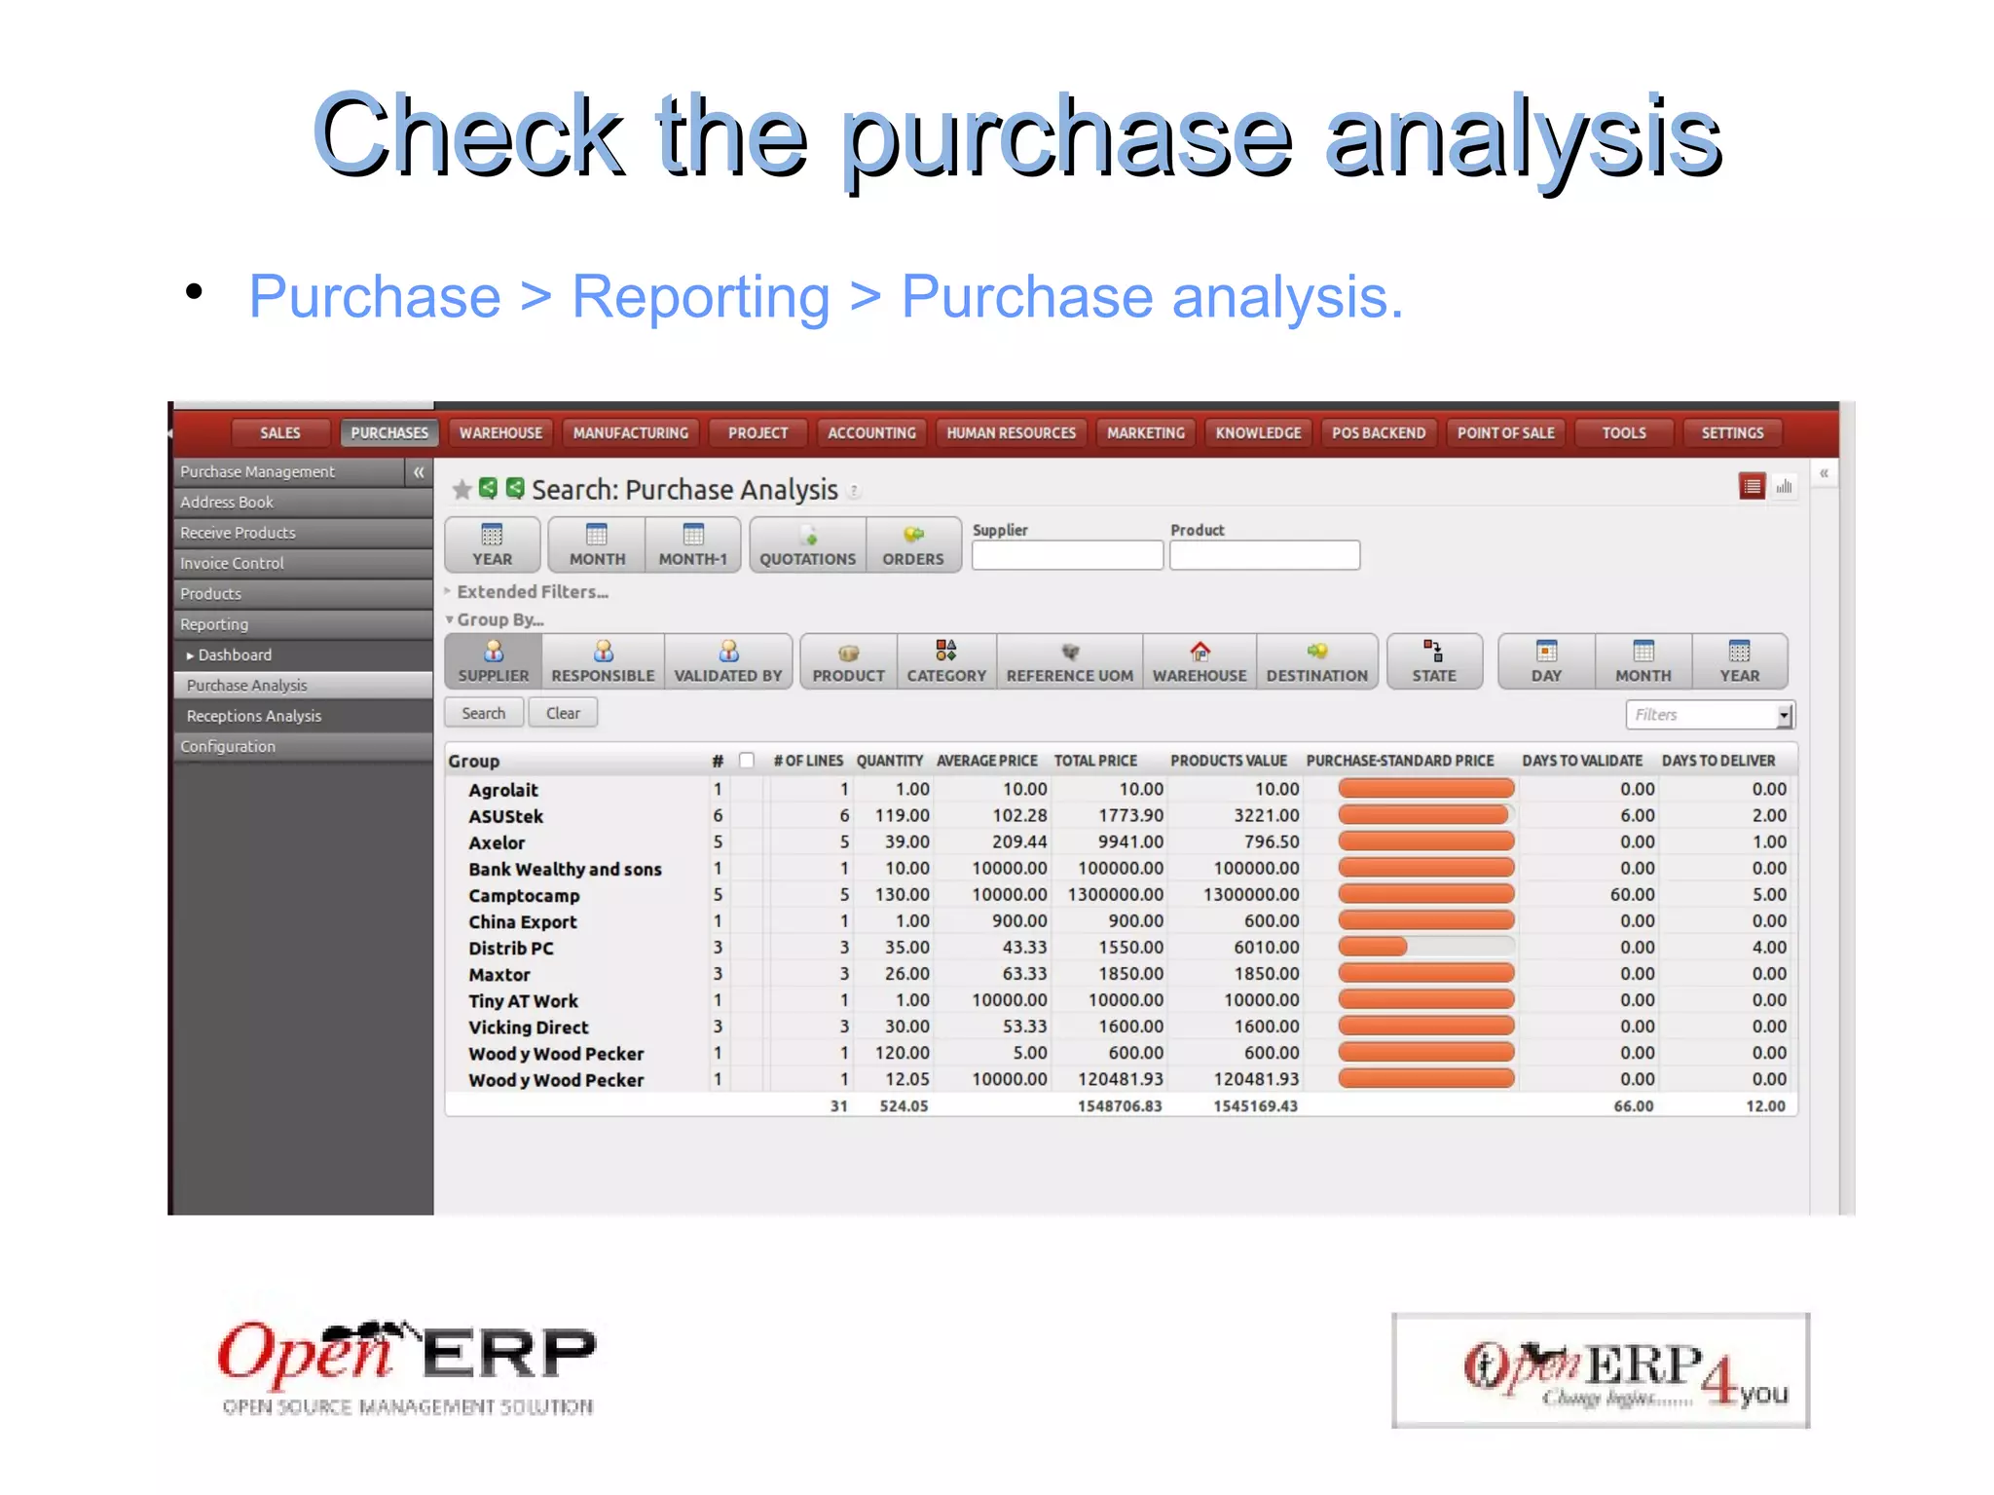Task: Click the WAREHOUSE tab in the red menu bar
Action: (500, 432)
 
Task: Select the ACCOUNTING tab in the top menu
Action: (871, 432)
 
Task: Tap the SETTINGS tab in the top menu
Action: (1731, 432)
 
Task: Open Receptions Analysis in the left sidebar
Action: (254, 716)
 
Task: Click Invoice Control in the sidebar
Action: (232, 563)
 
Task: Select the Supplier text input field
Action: (1067, 555)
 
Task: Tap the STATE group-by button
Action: (1433, 661)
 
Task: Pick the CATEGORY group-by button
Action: (946, 661)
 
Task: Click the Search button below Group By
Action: (484, 713)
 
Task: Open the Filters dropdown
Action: (1784, 715)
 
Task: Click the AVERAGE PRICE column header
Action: (986, 761)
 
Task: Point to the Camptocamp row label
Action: (524, 895)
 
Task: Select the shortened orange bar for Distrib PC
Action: (1373, 947)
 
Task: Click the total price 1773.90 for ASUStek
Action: (1130, 815)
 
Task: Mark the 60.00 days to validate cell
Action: (1632, 894)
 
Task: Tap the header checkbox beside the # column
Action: (747, 761)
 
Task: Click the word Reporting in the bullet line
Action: (700, 296)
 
